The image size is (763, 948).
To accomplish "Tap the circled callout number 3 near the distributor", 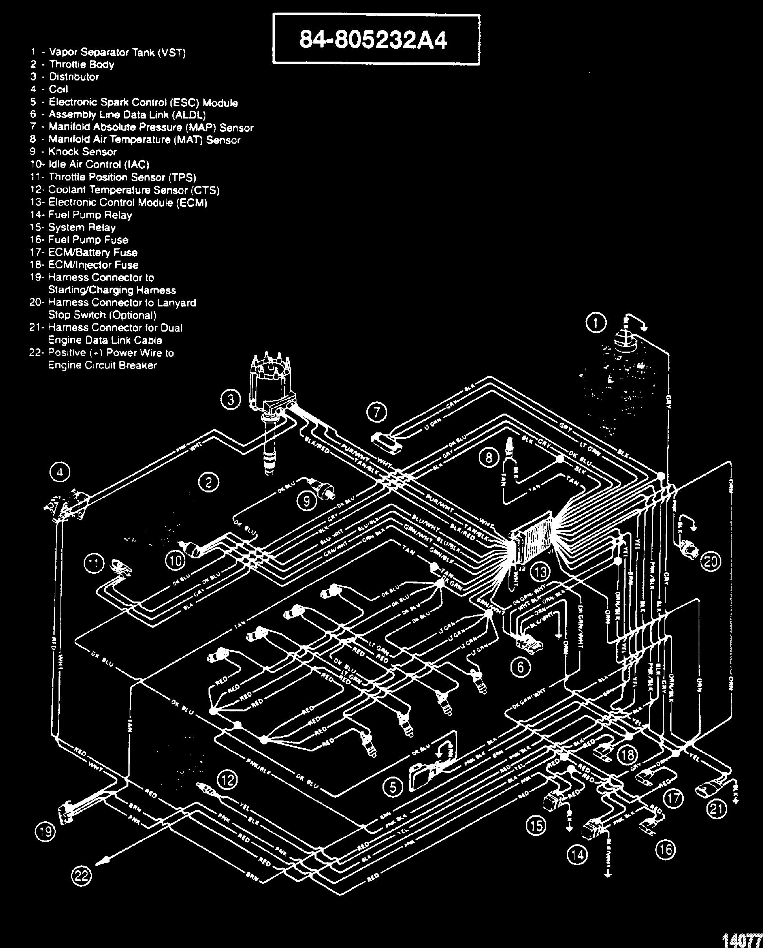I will click(x=231, y=400).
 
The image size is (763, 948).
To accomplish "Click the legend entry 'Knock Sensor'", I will click(x=82, y=152).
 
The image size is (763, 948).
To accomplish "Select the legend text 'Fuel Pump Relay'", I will click(x=90, y=215).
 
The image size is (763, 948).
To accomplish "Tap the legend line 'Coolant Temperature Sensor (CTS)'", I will click(x=134, y=190).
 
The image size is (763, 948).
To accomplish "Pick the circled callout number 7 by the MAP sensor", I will click(x=377, y=412).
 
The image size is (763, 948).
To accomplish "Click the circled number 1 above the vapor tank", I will click(x=596, y=323).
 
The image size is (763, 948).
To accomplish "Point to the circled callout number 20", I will click(x=711, y=562).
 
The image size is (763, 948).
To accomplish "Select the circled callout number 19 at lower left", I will click(x=45, y=832).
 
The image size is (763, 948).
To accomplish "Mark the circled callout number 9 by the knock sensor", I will click(x=307, y=501).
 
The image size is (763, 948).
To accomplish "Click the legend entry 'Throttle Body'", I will click(x=81, y=65).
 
